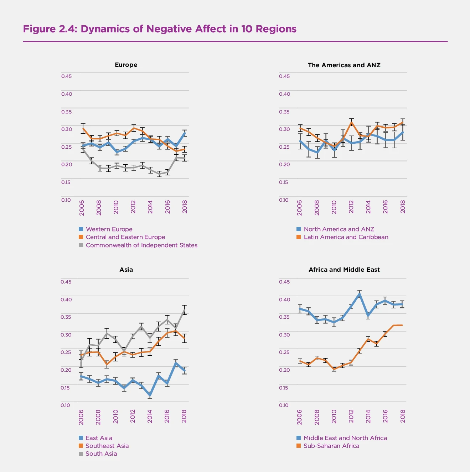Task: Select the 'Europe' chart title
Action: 126,65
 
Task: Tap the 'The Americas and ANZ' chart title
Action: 344,65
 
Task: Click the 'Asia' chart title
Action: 126,270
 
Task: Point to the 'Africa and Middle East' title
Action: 344,270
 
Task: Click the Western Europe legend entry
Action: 109,229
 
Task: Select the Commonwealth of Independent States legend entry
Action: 141,245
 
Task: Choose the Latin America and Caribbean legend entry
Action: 346,237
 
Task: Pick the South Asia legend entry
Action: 101,454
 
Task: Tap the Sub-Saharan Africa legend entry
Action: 331,446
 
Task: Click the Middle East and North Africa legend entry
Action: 345,438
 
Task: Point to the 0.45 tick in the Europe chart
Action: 66,76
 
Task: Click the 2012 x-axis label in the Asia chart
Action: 133,416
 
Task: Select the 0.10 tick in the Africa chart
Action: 284,405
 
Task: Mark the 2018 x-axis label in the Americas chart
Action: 403,207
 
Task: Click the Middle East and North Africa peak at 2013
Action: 360,294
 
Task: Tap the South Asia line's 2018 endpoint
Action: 184,310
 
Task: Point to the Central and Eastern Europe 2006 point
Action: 83,128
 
